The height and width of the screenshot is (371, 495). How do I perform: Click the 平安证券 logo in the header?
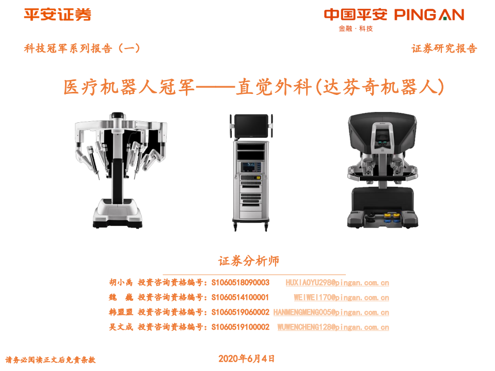57,15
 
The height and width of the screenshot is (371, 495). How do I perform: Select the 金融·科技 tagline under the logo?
356,29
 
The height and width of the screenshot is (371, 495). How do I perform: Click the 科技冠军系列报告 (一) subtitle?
82,49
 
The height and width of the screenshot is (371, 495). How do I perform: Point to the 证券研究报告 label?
444,49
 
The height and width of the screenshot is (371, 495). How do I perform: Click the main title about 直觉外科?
253,87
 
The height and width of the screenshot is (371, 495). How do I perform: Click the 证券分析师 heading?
248,261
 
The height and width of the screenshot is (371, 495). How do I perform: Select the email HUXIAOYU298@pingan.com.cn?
337,283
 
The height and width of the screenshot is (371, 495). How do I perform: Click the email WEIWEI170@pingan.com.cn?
341,298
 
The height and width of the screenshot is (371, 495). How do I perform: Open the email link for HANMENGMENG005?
331,313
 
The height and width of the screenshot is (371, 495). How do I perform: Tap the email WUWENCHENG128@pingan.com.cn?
333,328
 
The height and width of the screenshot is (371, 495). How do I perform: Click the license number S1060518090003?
241,283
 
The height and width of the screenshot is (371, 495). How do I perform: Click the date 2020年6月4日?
247,359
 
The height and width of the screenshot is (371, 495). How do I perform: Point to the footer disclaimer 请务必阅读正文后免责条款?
51,360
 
